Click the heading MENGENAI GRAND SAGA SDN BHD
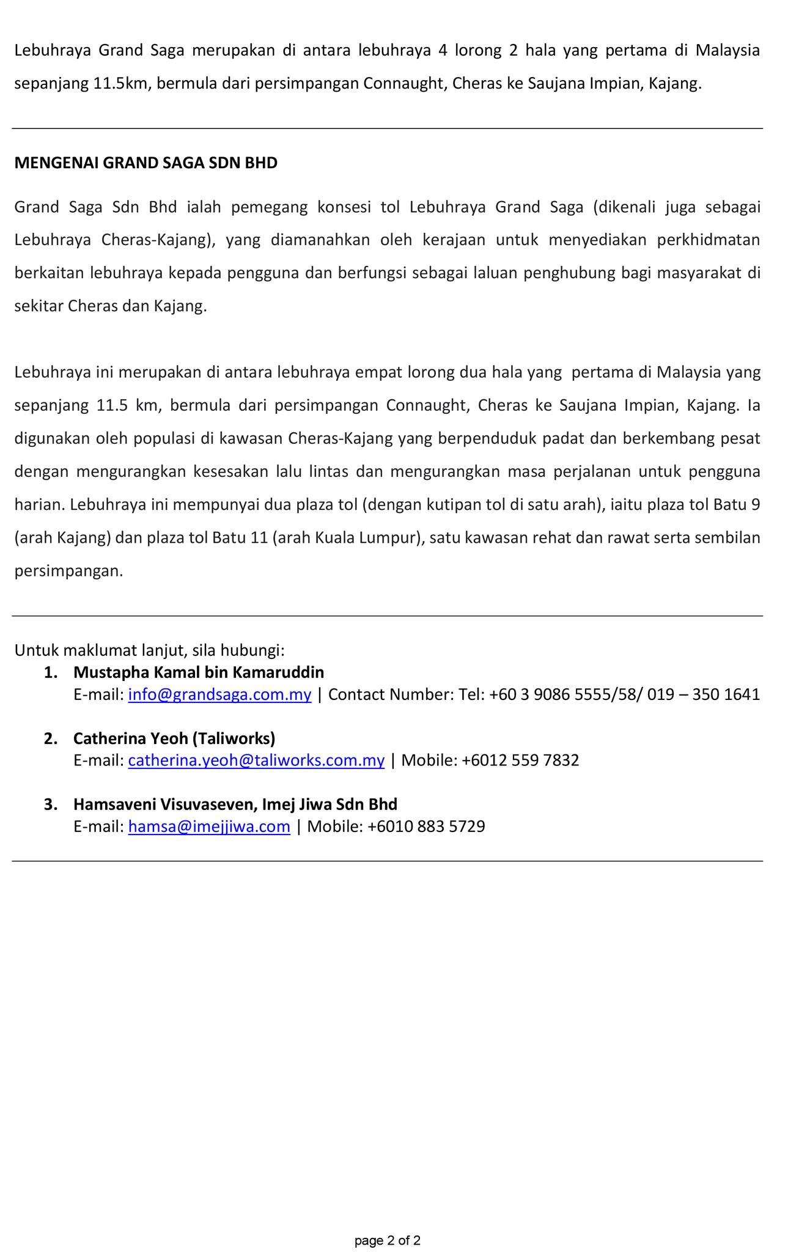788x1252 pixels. click(x=145, y=163)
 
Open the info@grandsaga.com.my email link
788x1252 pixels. click(x=219, y=694)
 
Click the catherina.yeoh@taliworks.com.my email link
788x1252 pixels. click(x=256, y=760)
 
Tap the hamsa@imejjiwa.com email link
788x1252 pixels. click(x=209, y=827)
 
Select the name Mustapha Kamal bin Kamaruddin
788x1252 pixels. click(x=199, y=672)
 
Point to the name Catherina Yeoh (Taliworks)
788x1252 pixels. click(x=174, y=738)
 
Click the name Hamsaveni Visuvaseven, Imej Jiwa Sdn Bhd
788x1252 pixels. click(x=235, y=805)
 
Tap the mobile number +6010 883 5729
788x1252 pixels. click(x=426, y=827)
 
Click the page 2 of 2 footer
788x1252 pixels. click(x=388, y=1224)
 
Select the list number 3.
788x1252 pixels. click(x=51, y=805)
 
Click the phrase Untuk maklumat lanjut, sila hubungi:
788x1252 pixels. click(x=150, y=650)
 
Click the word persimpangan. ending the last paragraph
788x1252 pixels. click(x=69, y=571)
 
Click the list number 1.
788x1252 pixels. click(x=51, y=672)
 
